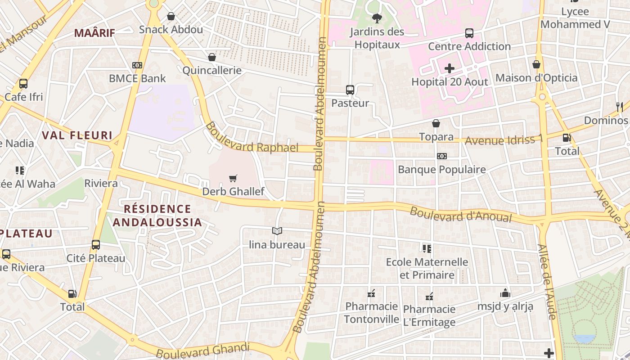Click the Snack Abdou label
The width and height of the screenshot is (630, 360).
click(171, 30)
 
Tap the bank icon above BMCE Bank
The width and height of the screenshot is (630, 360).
click(137, 65)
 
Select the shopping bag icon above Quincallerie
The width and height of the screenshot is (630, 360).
click(212, 57)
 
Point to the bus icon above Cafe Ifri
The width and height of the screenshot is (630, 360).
click(23, 84)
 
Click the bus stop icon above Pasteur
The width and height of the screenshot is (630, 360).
click(350, 90)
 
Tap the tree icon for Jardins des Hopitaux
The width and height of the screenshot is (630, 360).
click(377, 18)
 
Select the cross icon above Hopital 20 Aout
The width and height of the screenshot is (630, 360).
click(450, 68)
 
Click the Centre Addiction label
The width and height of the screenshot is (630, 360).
click(469, 46)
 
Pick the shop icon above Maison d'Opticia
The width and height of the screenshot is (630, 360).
click(536, 64)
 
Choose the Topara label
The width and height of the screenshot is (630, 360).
click(436, 137)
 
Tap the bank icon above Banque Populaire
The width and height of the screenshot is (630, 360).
click(442, 156)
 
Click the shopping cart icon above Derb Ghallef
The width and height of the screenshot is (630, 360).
click(233, 179)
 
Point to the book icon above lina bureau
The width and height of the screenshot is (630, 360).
click(277, 231)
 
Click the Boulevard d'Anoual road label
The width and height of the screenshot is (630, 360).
click(461, 215)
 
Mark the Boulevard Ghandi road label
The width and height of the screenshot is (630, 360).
click(202, 350)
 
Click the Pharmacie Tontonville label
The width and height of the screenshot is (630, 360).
click(371, 313)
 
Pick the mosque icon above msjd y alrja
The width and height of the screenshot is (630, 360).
click(505, 293)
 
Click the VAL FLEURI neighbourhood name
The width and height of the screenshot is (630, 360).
click(77, 135)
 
